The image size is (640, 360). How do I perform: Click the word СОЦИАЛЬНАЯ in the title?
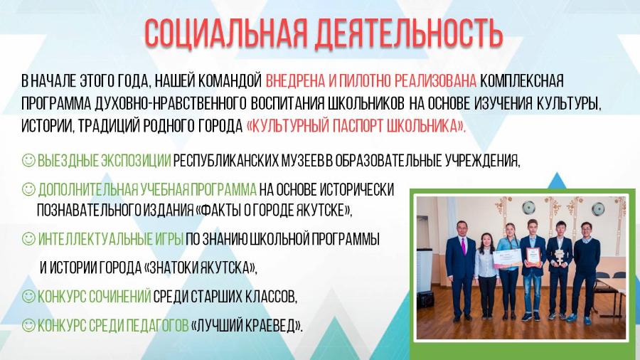pos(225,33)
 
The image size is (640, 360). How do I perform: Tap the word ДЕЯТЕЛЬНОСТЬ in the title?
pos(409,33)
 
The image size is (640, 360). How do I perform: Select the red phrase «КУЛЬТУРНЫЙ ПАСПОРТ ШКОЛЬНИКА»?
pos(356,126)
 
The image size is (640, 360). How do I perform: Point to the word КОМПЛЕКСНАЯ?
pos(522,81)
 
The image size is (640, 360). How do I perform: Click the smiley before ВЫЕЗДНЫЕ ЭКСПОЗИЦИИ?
pos(28,160)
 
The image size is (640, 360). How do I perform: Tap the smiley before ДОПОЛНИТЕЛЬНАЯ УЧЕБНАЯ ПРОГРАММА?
pos(28,189)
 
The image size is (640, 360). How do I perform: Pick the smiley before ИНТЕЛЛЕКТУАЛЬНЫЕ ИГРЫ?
pos(28,238)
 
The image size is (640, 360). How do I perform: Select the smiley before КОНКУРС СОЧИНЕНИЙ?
pos(28,296)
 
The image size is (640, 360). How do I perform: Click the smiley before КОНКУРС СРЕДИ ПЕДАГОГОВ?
pos(28,325)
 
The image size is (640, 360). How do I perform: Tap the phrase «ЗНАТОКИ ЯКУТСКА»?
pos(201,268)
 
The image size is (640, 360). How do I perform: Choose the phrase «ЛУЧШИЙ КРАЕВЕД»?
pos(247,325)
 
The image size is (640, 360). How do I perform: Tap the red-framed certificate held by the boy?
pos(533,256)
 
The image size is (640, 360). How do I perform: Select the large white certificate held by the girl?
pos(507,259)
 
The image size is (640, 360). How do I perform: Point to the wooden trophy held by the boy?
pos(558,256)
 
